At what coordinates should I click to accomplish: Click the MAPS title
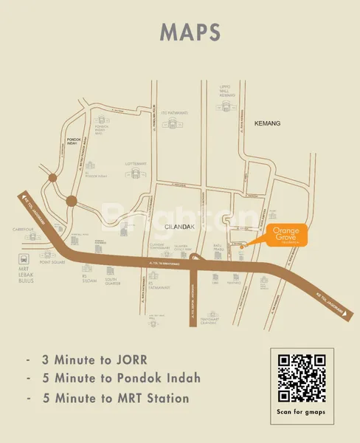pyautogui.click(x=190, y=32)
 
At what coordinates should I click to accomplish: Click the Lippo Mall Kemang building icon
pyautogui.click(x=225, y=109)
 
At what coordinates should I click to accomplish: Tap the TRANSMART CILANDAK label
pyautogui.click(x=212, y=320)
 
